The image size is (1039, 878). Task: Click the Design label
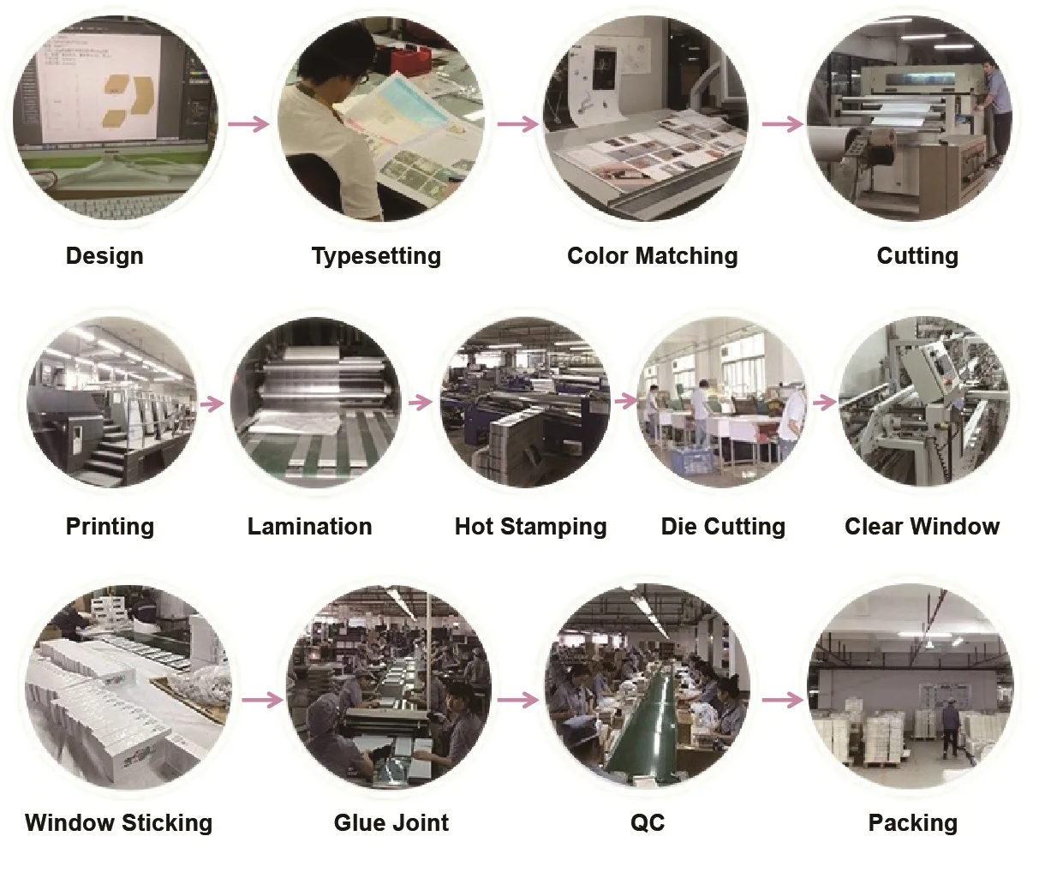(104, 256)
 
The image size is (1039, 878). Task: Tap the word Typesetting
(376, 256)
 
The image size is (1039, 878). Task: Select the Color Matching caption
(653, 256)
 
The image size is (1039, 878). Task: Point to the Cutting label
(917, 256)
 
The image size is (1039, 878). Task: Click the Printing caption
(110, 527)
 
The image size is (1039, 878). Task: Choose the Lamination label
(309, 527)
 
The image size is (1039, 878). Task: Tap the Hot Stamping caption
(530, 527)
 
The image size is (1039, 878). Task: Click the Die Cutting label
(723, 527)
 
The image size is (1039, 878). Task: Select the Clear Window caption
(922, 527)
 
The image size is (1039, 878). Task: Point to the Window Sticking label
(118, 823)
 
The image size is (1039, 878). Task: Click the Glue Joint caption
(391, 823)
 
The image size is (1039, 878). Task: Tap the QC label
(648, 823)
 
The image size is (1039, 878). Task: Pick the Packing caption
(912, 823)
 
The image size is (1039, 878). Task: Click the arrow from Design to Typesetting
(248, 123)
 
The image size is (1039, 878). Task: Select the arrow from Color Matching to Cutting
(783, 123)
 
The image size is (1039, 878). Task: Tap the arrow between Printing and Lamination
(212, 403)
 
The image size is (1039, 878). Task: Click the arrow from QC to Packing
(783, 700)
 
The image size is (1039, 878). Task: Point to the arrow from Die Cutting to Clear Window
(825, 402)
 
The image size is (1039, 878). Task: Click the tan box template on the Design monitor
(128, 101)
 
